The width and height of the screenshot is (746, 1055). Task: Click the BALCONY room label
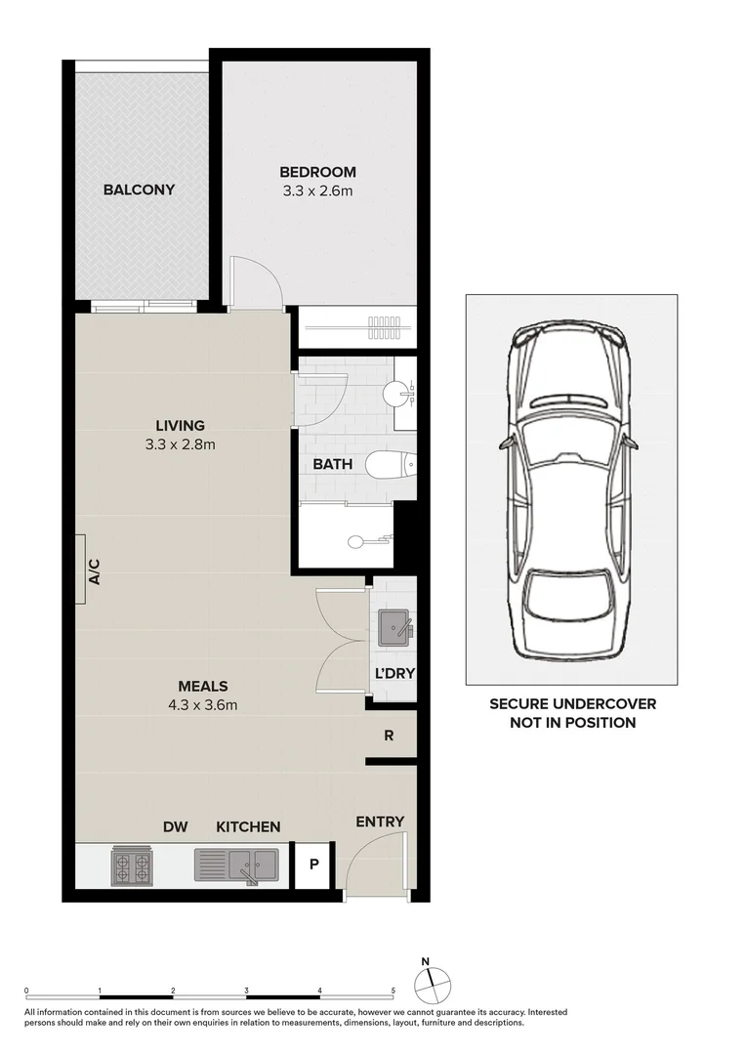point(139,190)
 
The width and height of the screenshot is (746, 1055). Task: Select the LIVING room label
point(180,426)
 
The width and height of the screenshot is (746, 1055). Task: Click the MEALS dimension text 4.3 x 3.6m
point(203,704)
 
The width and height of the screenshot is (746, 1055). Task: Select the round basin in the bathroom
point(396,394)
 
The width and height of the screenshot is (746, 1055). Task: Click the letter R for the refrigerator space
point(389,736)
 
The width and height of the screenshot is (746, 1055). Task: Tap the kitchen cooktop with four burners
point(132,865)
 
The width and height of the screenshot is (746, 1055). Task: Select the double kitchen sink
point(236,864)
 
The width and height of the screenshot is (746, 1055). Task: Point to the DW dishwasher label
point(176,827)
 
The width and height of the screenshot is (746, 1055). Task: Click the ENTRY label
point(380,822)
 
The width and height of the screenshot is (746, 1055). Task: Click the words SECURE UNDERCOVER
point(572,704)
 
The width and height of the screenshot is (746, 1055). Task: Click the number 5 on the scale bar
point(394,991)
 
